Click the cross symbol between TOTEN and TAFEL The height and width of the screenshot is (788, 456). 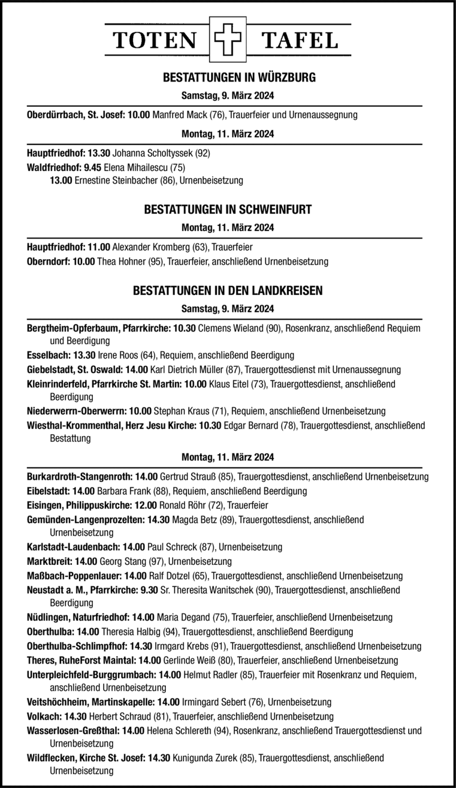[x=227, y=40]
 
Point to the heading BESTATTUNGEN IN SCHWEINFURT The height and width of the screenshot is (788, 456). [x=227, y=209]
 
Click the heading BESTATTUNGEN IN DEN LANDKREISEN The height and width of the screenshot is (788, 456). [x=227, y=290]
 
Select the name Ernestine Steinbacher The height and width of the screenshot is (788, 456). [x=115, y=181]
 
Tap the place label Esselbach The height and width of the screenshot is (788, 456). [x=44, y=354]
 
